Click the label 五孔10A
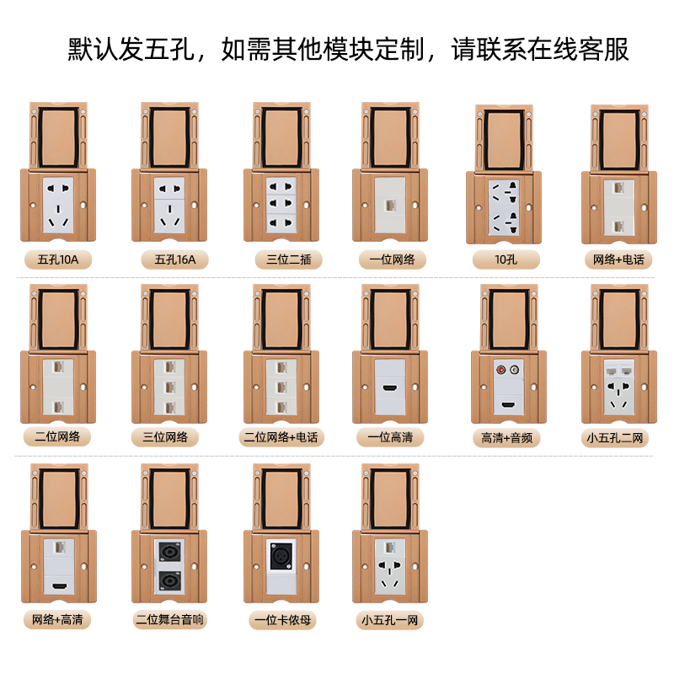click(58, 259)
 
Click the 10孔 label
click(505, 259)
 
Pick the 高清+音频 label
click(505, 438)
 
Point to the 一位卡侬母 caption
click(283, 621)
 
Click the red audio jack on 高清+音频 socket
click(502, 368)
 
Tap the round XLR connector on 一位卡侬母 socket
click(281, 555)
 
